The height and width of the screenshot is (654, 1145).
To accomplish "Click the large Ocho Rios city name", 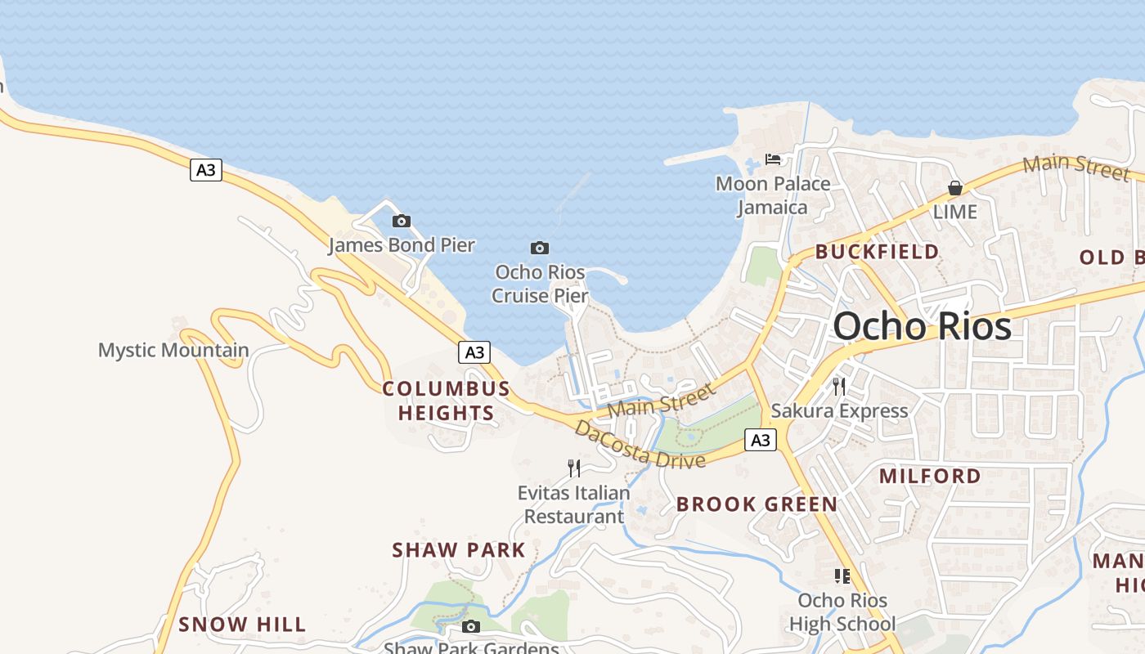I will click(922, 326).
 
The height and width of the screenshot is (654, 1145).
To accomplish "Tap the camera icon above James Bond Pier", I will click(401, 221).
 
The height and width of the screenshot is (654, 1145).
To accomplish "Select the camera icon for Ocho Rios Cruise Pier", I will click(539, 248).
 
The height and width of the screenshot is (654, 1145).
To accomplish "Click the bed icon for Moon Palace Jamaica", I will click(773, 159).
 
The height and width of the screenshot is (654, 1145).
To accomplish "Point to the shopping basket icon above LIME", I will click(954, 188).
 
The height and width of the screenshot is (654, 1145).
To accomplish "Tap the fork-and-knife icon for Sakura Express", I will click(838, 386).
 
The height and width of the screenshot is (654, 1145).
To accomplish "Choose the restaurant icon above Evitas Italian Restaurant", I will click(574, 468).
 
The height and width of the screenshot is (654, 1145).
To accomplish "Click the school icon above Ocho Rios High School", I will click(842, 576).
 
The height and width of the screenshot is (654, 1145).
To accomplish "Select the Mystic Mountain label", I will click(173, 351).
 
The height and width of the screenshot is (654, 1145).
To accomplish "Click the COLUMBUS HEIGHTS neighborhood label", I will click(447, 401).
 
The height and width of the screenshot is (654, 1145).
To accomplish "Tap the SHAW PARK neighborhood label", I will click(459, 550).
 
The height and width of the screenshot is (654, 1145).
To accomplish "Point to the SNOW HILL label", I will click(242, 625).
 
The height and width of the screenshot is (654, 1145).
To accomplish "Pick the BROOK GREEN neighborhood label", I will click(757, 504).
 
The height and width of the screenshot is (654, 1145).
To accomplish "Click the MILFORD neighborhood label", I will click(930, 476).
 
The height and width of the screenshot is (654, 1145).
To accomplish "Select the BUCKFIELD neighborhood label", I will click(877, 252).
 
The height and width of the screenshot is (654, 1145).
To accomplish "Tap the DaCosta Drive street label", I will click(640, 445).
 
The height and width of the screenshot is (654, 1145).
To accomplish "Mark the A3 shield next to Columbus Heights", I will click(474, 352).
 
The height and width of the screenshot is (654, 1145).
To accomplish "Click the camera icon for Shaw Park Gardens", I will click(470, 627).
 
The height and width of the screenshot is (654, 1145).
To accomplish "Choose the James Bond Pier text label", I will click(401, 244).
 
